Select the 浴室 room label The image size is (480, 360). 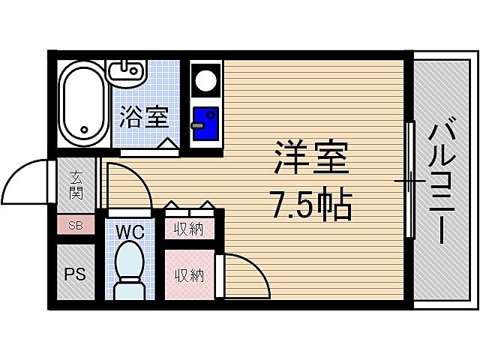click(x=144, y=118)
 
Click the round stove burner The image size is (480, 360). click(x=205, y=79)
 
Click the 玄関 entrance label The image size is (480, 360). click(x=77, y=187)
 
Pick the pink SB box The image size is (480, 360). click(x=76, y=225)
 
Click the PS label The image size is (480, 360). click(x=75, y=273)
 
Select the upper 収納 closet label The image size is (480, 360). click(x=189, y=229)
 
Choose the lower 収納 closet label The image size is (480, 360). click(x=189, y=274)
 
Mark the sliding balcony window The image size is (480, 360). click(x=409, y=181)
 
